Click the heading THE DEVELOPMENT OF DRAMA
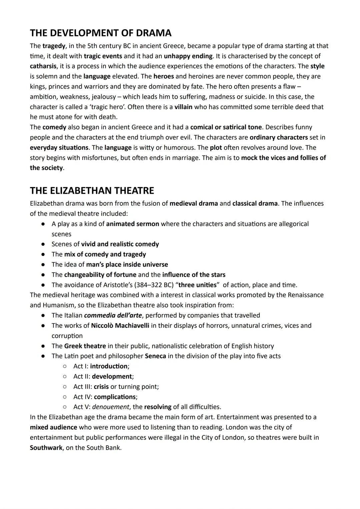pyautogui.click(x=101, y=33)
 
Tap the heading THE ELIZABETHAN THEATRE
pyautogui.click(x=92, y=191)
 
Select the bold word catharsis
pyautogui.click(x=43, y=66)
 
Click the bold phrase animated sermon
pyautogui.click(x=132, y=224)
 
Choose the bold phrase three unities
pyautogui.click(x=198, y=285)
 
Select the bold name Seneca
pyautogui.click(x=155, y=356)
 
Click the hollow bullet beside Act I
pyautogui.click(x=65, y=366)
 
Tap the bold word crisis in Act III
pyautogui.click(x=101, y=387)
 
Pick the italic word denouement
pyautogui.click(x=110, y=407)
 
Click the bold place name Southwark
pyautogui.click(x=46, y=448)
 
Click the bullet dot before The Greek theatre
pyautogui.click(x=43, y=346)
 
